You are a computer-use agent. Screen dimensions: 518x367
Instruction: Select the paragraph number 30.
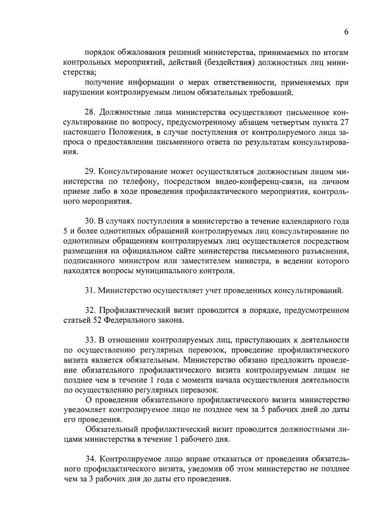(90, 221)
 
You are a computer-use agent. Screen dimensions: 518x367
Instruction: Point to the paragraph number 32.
(90, 310)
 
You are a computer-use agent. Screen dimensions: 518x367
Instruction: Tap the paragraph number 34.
(90, 459)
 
